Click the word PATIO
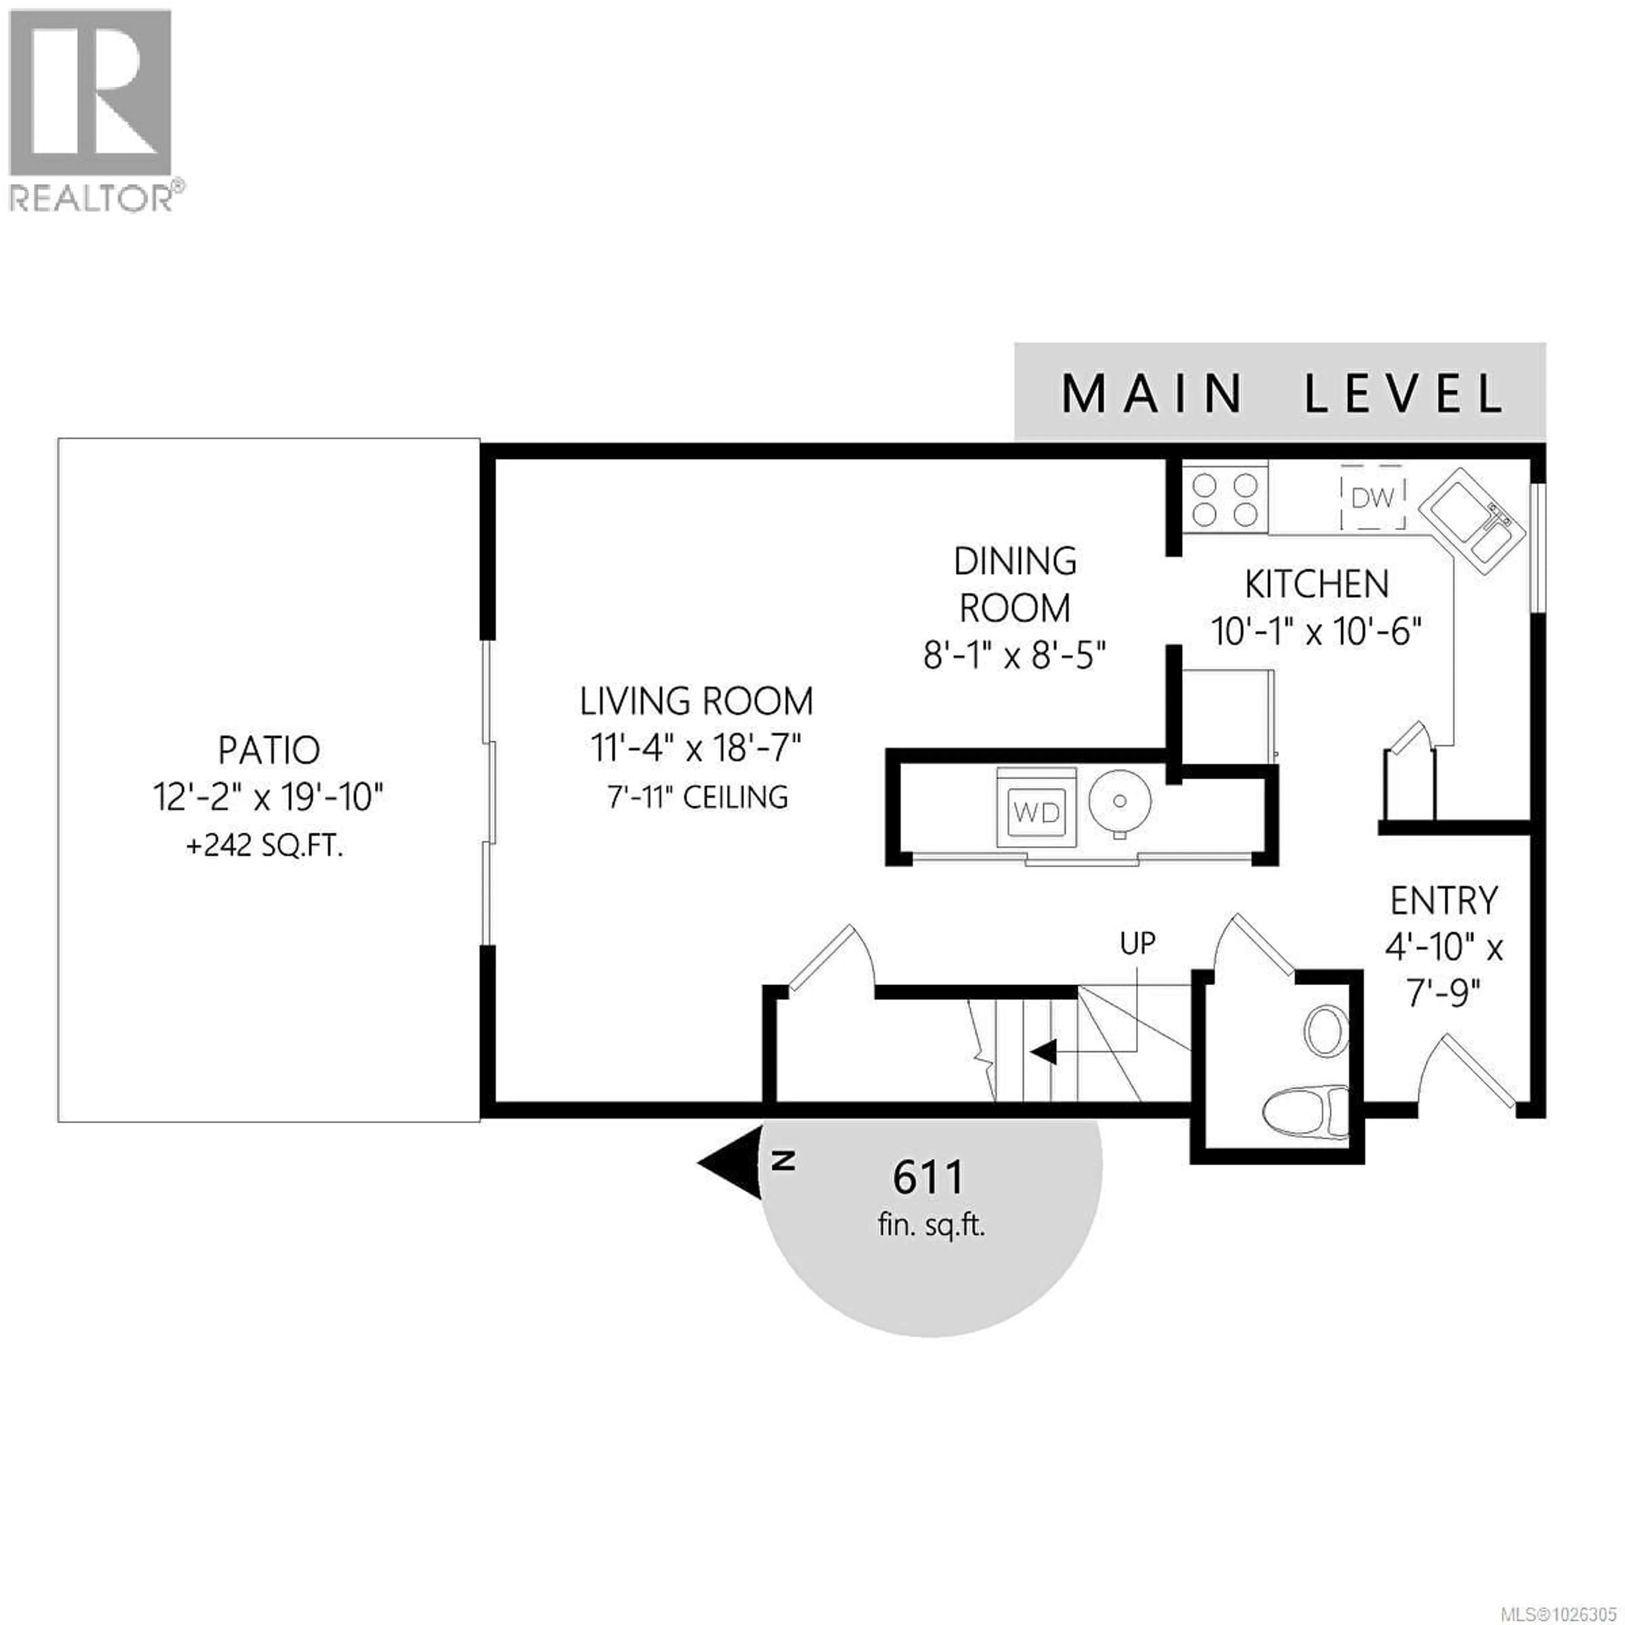pyautogui.click(x=269, y=749)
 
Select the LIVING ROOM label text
pyautogui.click(x=697, y=701)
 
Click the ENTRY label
pyautogui.click(x=1443, y=901)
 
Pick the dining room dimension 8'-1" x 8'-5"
pyautogui.click(x=1014, y=654)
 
